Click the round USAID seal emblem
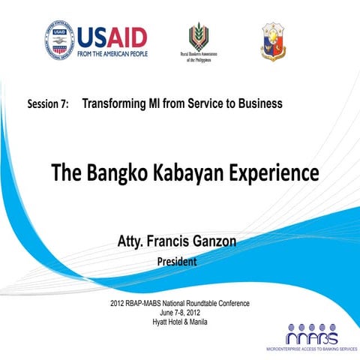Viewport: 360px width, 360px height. point(59,40)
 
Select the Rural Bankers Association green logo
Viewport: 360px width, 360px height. point(199,37)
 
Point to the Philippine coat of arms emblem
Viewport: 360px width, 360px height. point(273,40)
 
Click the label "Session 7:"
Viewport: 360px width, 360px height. point(48,104)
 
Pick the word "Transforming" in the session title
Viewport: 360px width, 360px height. point(115,103)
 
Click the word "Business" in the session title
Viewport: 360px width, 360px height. point(255,103)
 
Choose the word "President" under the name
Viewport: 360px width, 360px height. point(177,262)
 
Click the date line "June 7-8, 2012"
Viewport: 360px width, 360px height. point(179,313)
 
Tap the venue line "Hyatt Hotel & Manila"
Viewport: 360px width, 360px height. point(179,322)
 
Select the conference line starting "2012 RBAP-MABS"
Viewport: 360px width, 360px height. point(179,304)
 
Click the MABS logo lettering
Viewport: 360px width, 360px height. point(312,336)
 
